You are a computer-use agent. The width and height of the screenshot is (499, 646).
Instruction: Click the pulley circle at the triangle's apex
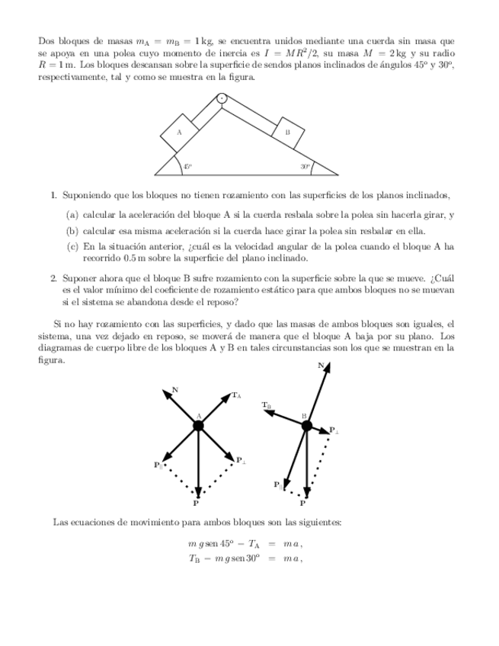click(221, 98)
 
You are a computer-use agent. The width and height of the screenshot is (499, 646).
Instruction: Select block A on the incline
click(180, 133)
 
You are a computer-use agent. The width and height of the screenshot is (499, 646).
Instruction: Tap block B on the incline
click(288, 133)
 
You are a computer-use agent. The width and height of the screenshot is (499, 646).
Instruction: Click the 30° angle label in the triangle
click(305, 166)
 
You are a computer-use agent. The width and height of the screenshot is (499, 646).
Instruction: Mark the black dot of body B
click(306, 426)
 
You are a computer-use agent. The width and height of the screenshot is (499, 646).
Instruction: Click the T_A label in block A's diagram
click(236, 395)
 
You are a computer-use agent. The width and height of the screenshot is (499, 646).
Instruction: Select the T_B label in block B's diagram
click(267, 405)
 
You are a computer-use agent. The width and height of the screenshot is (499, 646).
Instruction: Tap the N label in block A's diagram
click(175, 389)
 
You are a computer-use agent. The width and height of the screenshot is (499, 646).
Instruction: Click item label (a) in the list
click(72, 215)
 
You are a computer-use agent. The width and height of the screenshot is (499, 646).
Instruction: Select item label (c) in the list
click(72, 247)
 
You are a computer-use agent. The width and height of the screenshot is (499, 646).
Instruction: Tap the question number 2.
click(53, 279)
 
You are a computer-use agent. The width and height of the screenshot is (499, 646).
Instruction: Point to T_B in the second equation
click(194, 558)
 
